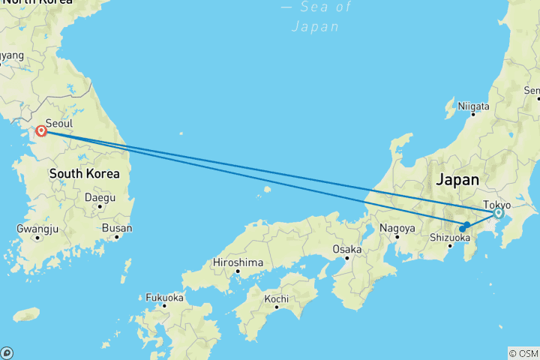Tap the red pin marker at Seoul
pyautogui.click(x=42, y=131)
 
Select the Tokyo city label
pyautogui.click(x=496, y=204)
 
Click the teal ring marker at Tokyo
pyautogui.click(x=498, y=214)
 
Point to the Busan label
pyautogui.click(x=116, y=228)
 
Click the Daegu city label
pyautogui.click(x=100, y=198)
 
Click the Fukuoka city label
pyautogui.click(x=165, y=298)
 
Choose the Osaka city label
pyautogui.click(x=347, y=249)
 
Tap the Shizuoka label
pyautogui.click(x=449, y=237)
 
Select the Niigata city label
pyautogui.click(x=473, y=107)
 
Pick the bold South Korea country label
pyautogui.click(x=84, y=173)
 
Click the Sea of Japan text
pyautogui.click(x=316, y=16)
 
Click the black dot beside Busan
pyautogui.click(x=118, y=237)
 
